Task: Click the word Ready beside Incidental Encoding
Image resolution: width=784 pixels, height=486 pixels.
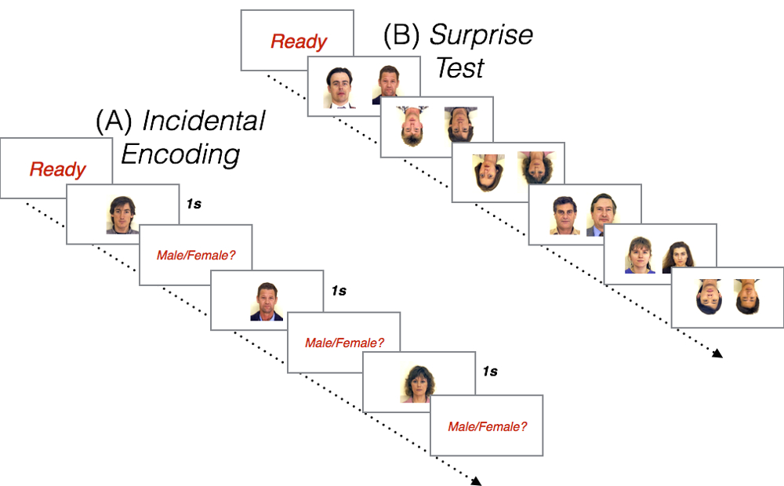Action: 58,169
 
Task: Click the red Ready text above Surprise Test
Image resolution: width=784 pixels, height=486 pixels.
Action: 299,42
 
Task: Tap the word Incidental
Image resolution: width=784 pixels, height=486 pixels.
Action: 204,122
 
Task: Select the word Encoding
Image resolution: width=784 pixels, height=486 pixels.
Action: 180,154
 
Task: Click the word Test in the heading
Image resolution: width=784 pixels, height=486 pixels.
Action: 460,68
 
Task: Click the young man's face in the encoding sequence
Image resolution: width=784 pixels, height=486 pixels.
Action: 122,214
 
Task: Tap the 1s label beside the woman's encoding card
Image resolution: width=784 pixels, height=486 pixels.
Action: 489,371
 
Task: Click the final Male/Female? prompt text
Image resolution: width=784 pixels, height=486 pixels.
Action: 487,427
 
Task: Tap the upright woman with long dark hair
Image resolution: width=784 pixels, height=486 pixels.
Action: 678,256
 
